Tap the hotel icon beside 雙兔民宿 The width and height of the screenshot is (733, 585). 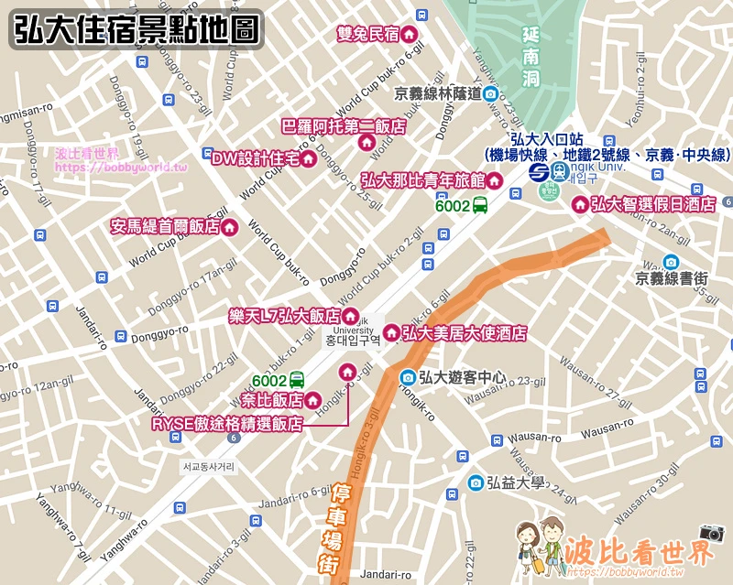point(410,34)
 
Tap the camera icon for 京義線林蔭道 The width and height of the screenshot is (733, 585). point(491,93)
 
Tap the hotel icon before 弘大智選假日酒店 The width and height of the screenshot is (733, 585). point(579,205)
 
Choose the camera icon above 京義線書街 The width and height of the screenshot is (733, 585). point(671,262)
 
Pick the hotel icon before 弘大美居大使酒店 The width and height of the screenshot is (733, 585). point(391,332)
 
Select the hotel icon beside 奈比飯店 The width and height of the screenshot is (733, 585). point(313,400)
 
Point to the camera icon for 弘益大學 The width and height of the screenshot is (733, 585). point(475,482)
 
